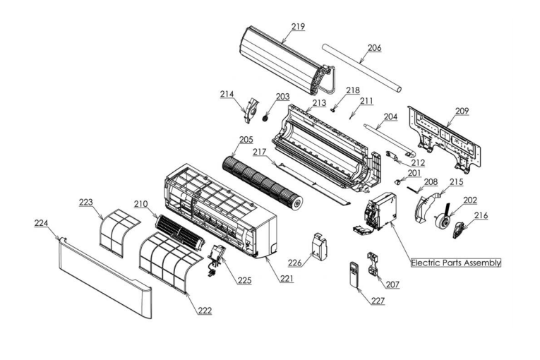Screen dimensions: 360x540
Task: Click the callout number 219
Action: [x=297, y=27]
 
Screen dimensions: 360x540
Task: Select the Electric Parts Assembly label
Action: [x=456, y=263]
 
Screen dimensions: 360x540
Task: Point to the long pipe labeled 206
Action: [x=360, y=67]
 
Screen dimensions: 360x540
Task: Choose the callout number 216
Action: [x=480, y=215]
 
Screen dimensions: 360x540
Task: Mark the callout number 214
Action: [x=227, y=93]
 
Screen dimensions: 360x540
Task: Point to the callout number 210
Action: [x=140, y=204]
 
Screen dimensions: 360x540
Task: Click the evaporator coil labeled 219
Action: [x=282, y=60]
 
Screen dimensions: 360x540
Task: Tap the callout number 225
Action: [x=244, y=280]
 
